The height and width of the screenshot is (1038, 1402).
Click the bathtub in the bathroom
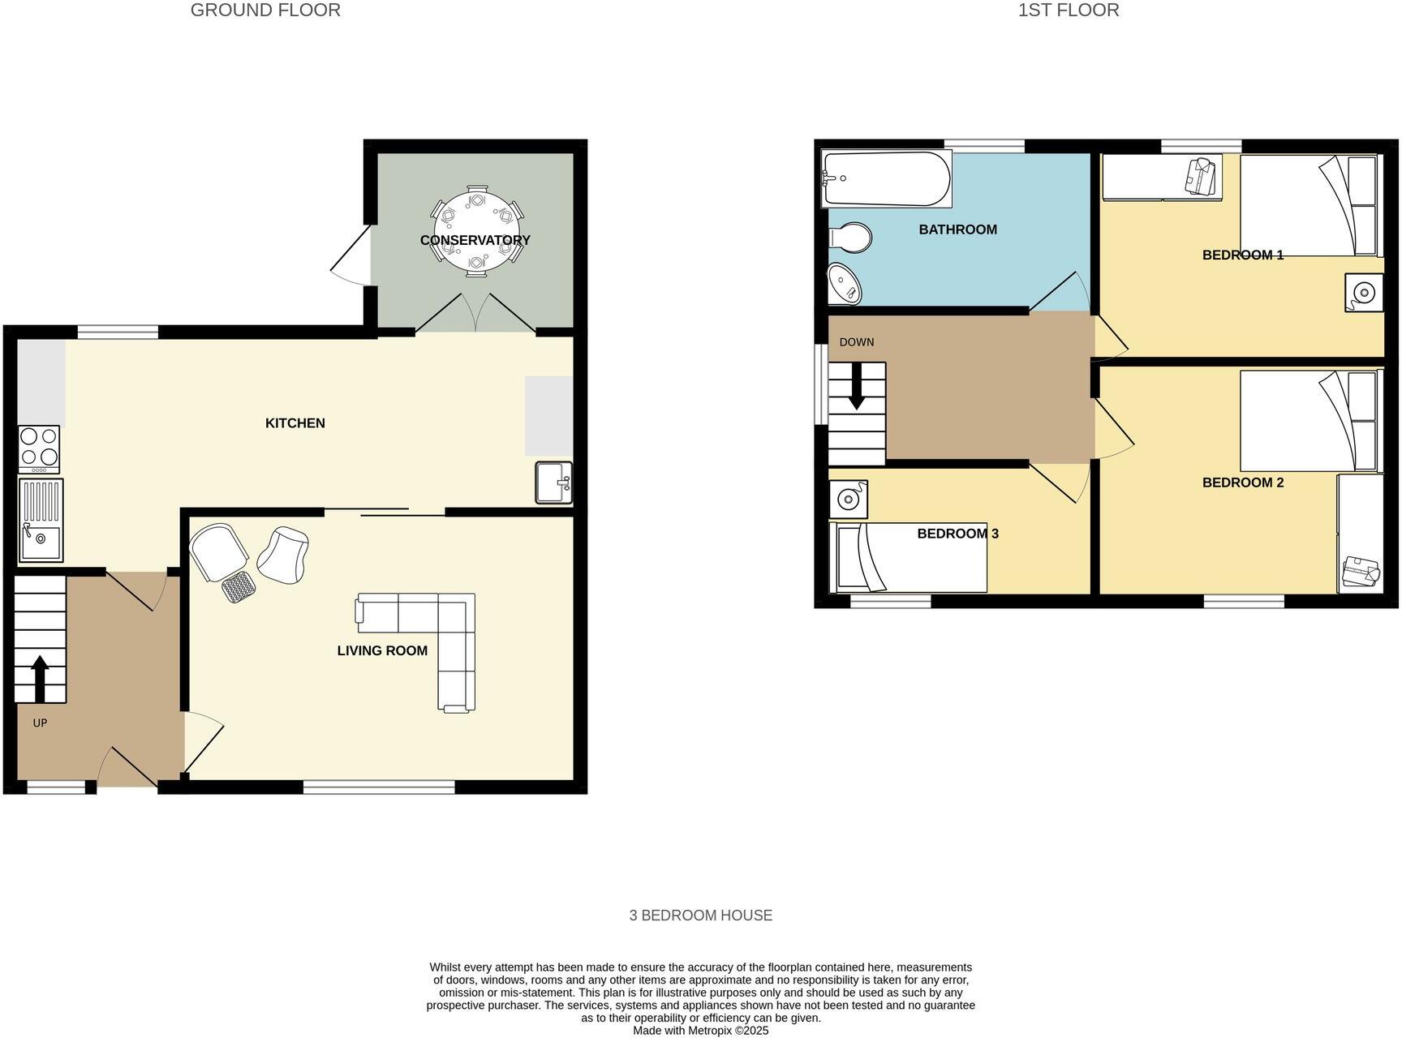coord(886,178)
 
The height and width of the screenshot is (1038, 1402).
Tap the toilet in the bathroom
coord(850,238)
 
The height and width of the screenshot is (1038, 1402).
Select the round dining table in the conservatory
coord(476,231)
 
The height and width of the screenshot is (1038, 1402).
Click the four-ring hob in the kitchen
coord(39,448)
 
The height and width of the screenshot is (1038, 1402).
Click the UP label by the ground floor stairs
coord(40,723)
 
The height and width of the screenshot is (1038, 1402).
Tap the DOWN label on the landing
coord(857,342)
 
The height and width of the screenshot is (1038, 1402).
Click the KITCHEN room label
coord(295,423)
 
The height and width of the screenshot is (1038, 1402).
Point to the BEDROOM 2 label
coord(1242,483)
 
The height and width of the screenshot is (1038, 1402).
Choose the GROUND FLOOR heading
coord(265,11)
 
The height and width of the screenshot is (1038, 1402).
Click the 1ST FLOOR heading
coord(1069,11)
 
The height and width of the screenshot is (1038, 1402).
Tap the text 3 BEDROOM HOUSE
coord(700,916)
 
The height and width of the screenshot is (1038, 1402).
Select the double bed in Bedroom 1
coord(1308,205)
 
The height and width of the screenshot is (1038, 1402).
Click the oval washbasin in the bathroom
coord(845,284)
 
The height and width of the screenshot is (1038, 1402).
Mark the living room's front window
coord(379,787)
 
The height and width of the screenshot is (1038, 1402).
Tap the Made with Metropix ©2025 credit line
coord(700,1031)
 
